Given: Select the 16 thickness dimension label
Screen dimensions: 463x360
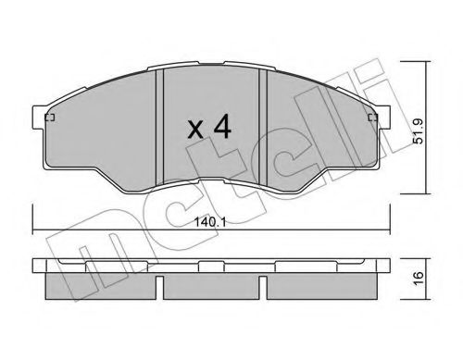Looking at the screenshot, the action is click(419, 279).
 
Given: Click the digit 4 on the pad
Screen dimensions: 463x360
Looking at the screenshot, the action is click(222, 126).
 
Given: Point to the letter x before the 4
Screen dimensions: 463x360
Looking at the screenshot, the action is click(195, 130).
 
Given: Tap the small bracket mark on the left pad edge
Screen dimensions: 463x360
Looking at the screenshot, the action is click(50, 118).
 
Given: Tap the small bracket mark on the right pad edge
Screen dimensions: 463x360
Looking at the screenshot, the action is click(373, 118).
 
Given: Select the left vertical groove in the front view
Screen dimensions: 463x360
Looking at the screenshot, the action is click(158, 127).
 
